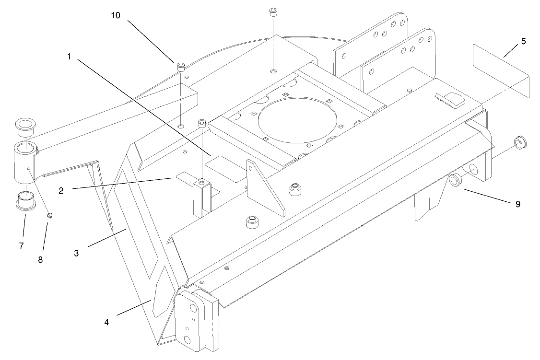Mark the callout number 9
click(x=517, y=204)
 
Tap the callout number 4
click(x=106, y=322)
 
